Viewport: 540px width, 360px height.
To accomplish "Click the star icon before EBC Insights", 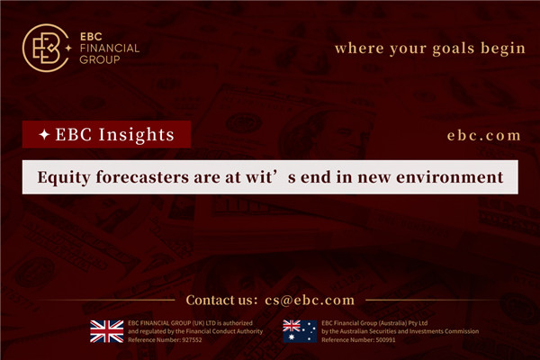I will coord(44,135).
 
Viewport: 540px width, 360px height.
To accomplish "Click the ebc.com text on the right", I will coord(483,135).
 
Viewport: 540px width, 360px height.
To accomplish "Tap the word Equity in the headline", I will coord(66,177).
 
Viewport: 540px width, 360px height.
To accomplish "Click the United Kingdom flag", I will coord(107,331).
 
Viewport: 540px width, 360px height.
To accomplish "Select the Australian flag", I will coord(299,331).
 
